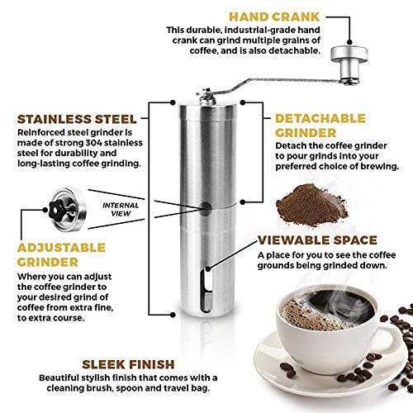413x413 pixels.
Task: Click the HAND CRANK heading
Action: [274, 17]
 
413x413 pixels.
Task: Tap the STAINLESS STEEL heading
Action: [77, 119]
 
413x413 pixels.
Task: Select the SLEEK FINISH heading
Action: [128, 364]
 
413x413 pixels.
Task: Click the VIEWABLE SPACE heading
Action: [317, 240]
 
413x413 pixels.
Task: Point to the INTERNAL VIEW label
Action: [121, 209]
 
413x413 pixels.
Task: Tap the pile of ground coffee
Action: [311, 204]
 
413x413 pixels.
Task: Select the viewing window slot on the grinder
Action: [206, 291]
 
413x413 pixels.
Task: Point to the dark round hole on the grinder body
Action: [206, 209]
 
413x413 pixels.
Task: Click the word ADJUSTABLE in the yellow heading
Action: [61, 248]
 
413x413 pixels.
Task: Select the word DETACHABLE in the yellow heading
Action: [320, 119]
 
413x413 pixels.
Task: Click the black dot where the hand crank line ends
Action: [349, 42]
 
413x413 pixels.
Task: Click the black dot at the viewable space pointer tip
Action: [208, 269]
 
